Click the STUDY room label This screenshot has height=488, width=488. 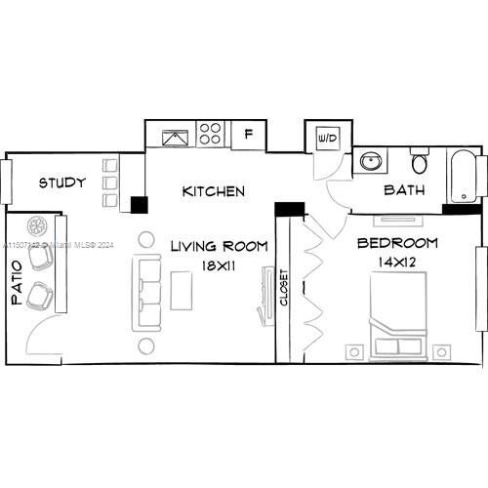click(62, 183)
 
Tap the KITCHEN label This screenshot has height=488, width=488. click(213, 191)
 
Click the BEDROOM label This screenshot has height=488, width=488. click(397, 244)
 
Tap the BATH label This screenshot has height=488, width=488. click(404, 190)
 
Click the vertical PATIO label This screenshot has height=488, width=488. click(17, 284)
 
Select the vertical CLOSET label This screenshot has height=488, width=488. click(285, 288)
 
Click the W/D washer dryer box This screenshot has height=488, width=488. click(327, 139)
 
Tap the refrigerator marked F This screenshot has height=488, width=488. click(249, 134)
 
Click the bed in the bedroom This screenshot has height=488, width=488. click(397, 312)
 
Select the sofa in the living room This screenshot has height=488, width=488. click(148, 292)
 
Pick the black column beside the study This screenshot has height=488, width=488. click(139, 205)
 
